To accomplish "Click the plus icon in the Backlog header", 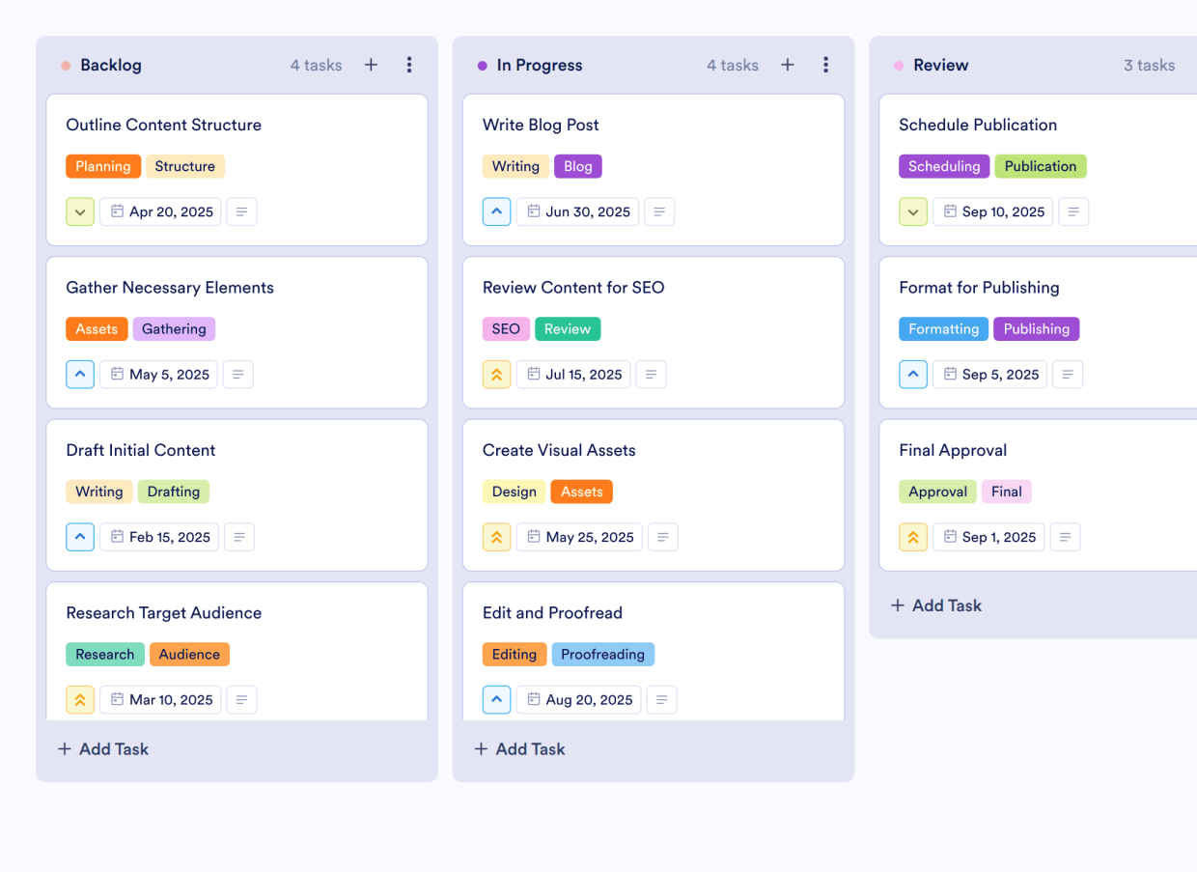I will [x=371, y=65].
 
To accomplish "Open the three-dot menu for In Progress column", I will [x=825, y=65].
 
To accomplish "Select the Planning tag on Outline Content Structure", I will [x=103, y=166].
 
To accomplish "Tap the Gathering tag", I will [x=174, y=328].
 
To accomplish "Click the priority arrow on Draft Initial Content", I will [x=80, y=537].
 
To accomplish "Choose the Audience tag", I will [x=189, y=654].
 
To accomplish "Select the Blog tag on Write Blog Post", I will [x=577, y=166].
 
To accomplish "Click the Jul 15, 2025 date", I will [x=573, y=375].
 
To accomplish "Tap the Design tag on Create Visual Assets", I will [x=514, y=492].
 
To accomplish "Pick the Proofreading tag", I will [x=602, y=654].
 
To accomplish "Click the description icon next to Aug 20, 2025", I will [x=661, y=700].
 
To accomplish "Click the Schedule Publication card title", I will [x=977, y=125].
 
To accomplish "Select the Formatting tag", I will [x=943, y=328].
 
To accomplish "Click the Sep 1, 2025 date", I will [x=988, y=537].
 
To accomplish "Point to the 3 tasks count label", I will [x=1149, y=65].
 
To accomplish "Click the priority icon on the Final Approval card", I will [x=913, y=537].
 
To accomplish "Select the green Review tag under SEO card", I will [x=568, y=328].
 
